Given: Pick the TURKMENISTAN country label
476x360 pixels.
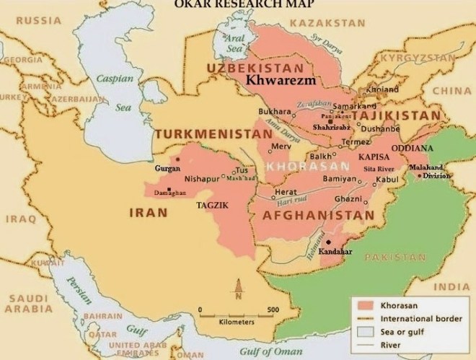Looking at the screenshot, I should click(208, 135).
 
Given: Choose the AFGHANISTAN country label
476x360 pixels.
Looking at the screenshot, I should click(318, 215).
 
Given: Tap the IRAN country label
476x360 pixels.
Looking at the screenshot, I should click(148, 213).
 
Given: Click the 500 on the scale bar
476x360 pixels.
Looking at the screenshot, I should click(273, 309).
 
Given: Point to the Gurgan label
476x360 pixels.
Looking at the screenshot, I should click(167, 167).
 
